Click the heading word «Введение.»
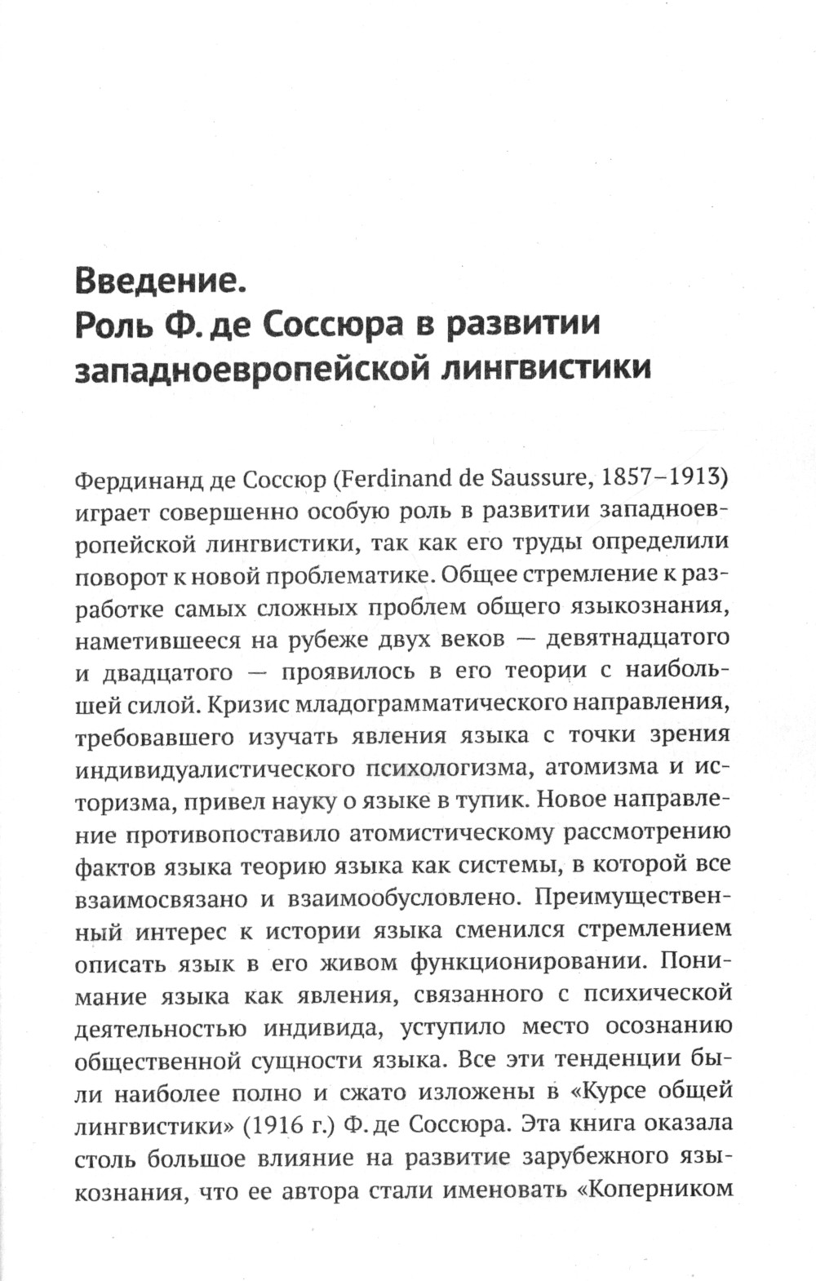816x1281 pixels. pos(159,281)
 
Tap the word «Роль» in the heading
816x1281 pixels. pos(110,325)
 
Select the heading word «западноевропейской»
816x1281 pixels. pos(251,368)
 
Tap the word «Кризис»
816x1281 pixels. pos(237,702)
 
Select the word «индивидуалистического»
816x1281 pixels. pos(214,769)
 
